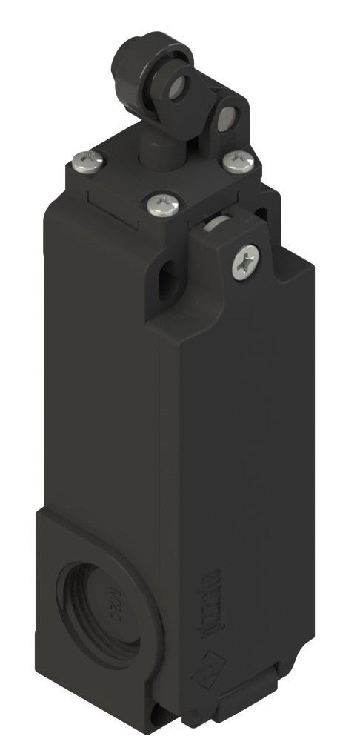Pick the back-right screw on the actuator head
[x=237, y=161]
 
